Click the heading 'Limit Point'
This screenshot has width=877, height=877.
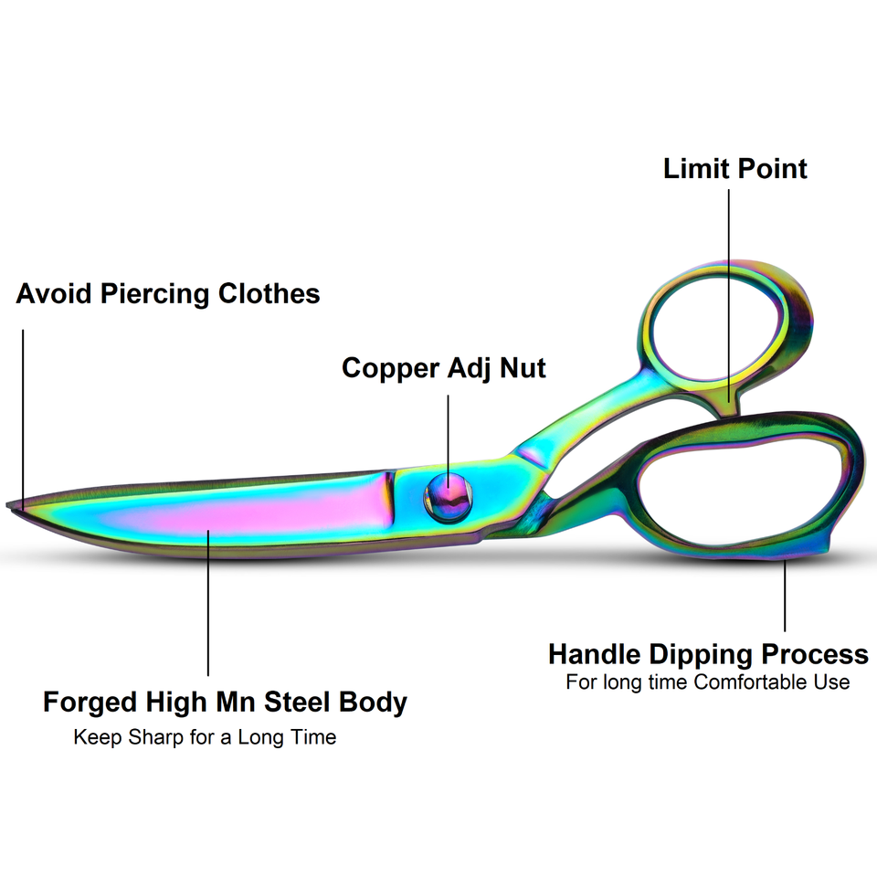coord(735,169)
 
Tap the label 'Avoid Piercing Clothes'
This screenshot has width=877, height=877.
coord(168,294)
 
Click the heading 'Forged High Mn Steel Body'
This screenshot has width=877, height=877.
coord(225,703)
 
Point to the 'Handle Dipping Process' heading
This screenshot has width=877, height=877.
coord(708,654)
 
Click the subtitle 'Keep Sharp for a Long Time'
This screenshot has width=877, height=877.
coord(205,737)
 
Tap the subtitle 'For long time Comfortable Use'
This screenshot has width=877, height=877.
coord(708,682)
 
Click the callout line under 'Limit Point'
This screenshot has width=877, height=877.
coord(729,292)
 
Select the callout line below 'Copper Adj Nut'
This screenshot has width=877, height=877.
coord(449,438)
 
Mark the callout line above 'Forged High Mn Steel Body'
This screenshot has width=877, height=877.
coord(208,603)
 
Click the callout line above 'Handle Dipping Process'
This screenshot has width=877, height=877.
coord(786,594)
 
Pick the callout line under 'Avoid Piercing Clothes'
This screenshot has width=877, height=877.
coord(23,411)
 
